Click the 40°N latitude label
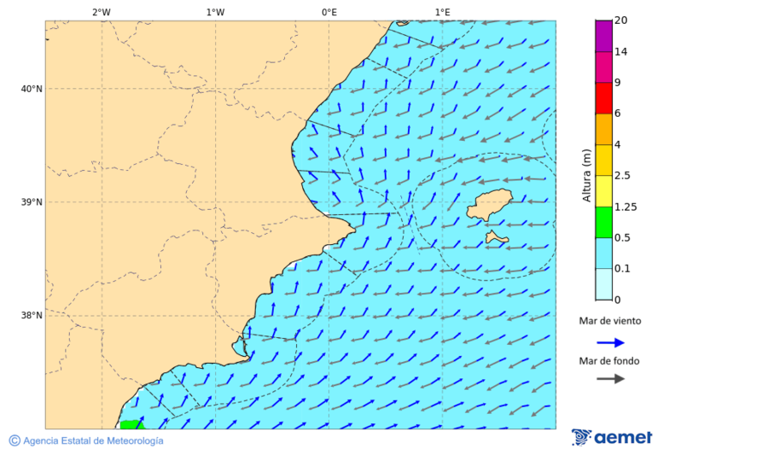coord(32,89)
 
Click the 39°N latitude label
coord(32,202)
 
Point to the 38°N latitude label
coord(32,315)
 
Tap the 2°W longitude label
coord(101,12)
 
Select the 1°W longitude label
coord(215,12)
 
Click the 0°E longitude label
coord(329,12)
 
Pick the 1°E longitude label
coord(442,12)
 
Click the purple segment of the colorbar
coord(603,36)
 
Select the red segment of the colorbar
coord(603,98)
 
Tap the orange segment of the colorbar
coord(603,129)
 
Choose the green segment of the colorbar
coord(603,222)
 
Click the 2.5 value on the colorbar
coord(622,176)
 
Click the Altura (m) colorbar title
coord(586,175)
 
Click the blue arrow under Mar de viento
coord(610,342)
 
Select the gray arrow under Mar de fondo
coord(610,379)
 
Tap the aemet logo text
coord(623,438)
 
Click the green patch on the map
coord(131,424)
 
